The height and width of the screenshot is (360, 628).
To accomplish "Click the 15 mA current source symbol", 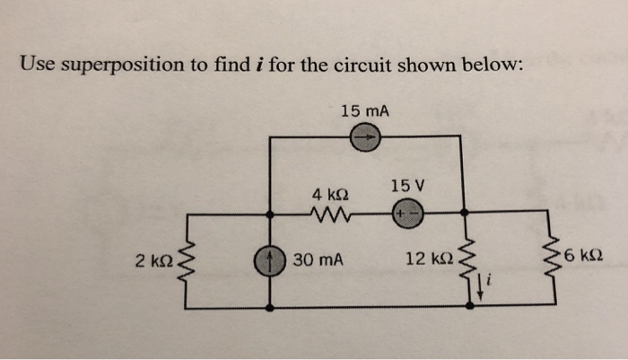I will (367, 137).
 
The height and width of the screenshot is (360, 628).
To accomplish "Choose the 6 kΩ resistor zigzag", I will (548, 261).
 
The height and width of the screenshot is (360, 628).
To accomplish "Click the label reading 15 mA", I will (365, 110).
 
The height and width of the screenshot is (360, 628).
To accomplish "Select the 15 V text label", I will (406, 186).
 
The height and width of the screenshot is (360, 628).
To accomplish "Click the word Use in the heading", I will (38, 65).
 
